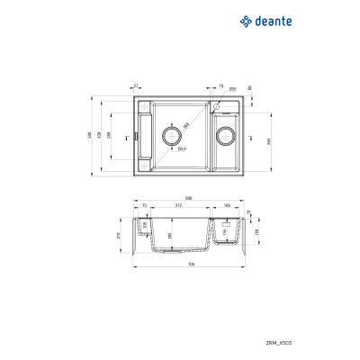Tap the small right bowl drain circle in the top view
[226, 137]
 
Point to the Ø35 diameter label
[232, 89]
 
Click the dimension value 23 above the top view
[135, 85]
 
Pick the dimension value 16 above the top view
[220, 85]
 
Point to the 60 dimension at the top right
[247, 87]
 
